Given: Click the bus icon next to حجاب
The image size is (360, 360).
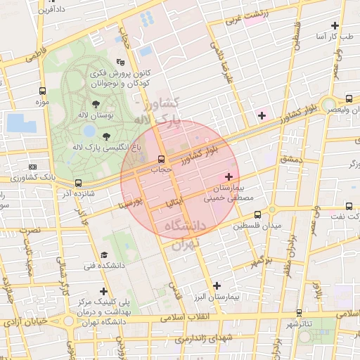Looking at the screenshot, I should (x=162, y=158).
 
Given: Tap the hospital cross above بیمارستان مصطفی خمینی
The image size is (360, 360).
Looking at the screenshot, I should (x=228, y=176).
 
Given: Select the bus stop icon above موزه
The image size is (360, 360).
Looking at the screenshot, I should (x=44, y=91).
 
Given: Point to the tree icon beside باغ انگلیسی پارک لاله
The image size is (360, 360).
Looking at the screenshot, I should (x=106, y=136).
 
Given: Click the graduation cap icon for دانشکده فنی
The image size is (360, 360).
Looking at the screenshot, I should (x=104, y=255).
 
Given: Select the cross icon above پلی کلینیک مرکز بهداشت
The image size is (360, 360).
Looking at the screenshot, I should (x=104, y=290).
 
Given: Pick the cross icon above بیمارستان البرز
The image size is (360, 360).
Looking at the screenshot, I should (x=217, y=285).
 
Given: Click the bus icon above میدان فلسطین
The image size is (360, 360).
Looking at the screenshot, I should (x=257, y=214).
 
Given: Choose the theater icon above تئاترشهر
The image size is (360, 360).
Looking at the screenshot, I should (x=300, y=312).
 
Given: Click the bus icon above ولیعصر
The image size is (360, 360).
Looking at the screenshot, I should (x=349, y=98).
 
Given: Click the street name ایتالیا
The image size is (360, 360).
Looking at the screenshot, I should (x=172, y=202).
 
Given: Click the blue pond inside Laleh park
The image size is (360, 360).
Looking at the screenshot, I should (x=89, y=131).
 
